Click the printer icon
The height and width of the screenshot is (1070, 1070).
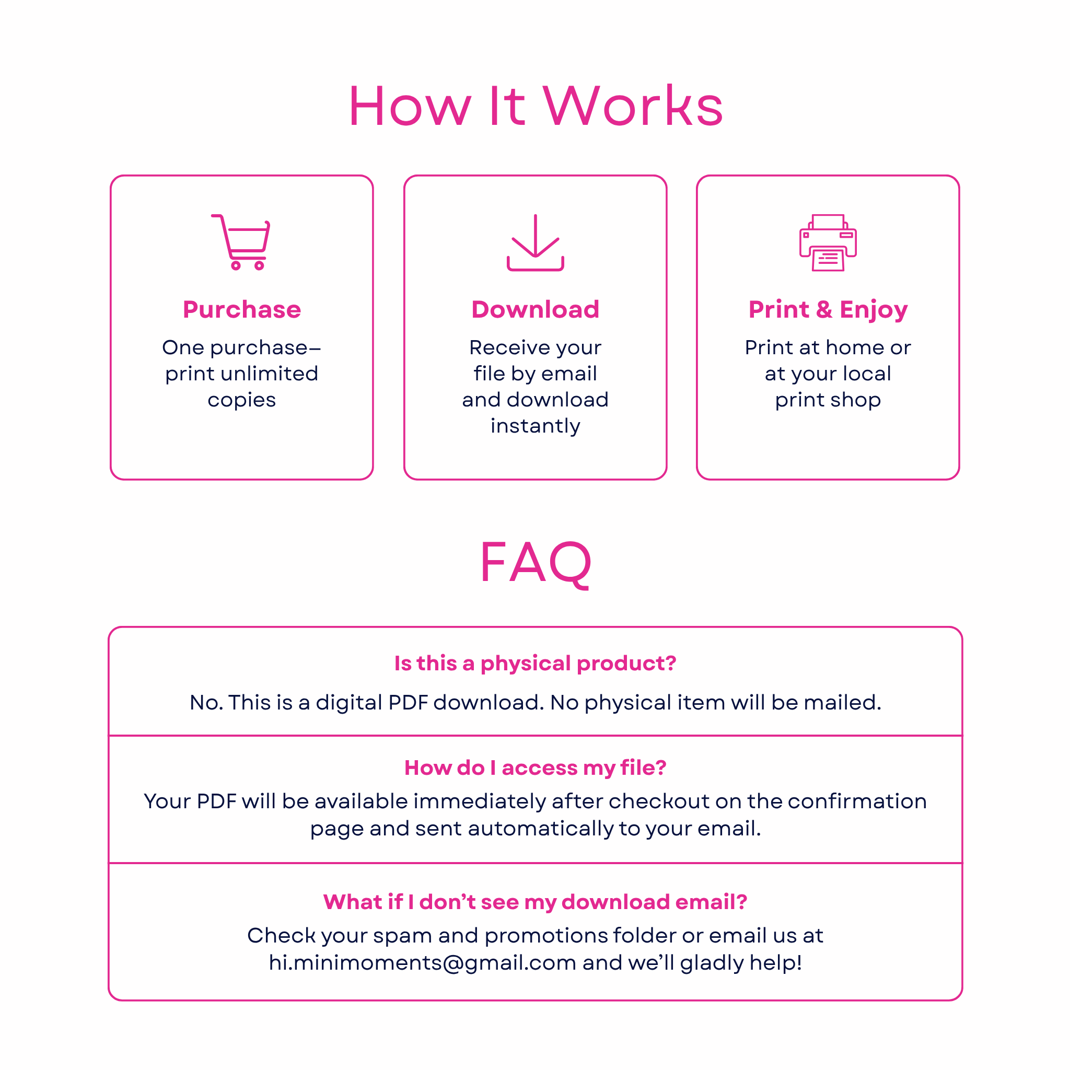828,242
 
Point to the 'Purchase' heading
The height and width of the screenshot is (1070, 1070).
242,309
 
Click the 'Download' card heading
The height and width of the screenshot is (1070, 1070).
535,309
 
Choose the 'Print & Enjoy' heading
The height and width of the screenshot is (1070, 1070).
828,310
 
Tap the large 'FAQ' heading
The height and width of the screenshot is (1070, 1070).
535,563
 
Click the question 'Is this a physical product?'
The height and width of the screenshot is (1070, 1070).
535,664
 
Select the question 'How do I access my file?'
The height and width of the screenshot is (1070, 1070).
535,768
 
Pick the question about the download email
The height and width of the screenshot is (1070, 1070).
535,902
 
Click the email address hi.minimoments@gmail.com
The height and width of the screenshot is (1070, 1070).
423,963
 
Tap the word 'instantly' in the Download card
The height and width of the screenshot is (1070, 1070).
535,426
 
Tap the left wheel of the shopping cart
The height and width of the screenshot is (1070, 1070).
236,266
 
